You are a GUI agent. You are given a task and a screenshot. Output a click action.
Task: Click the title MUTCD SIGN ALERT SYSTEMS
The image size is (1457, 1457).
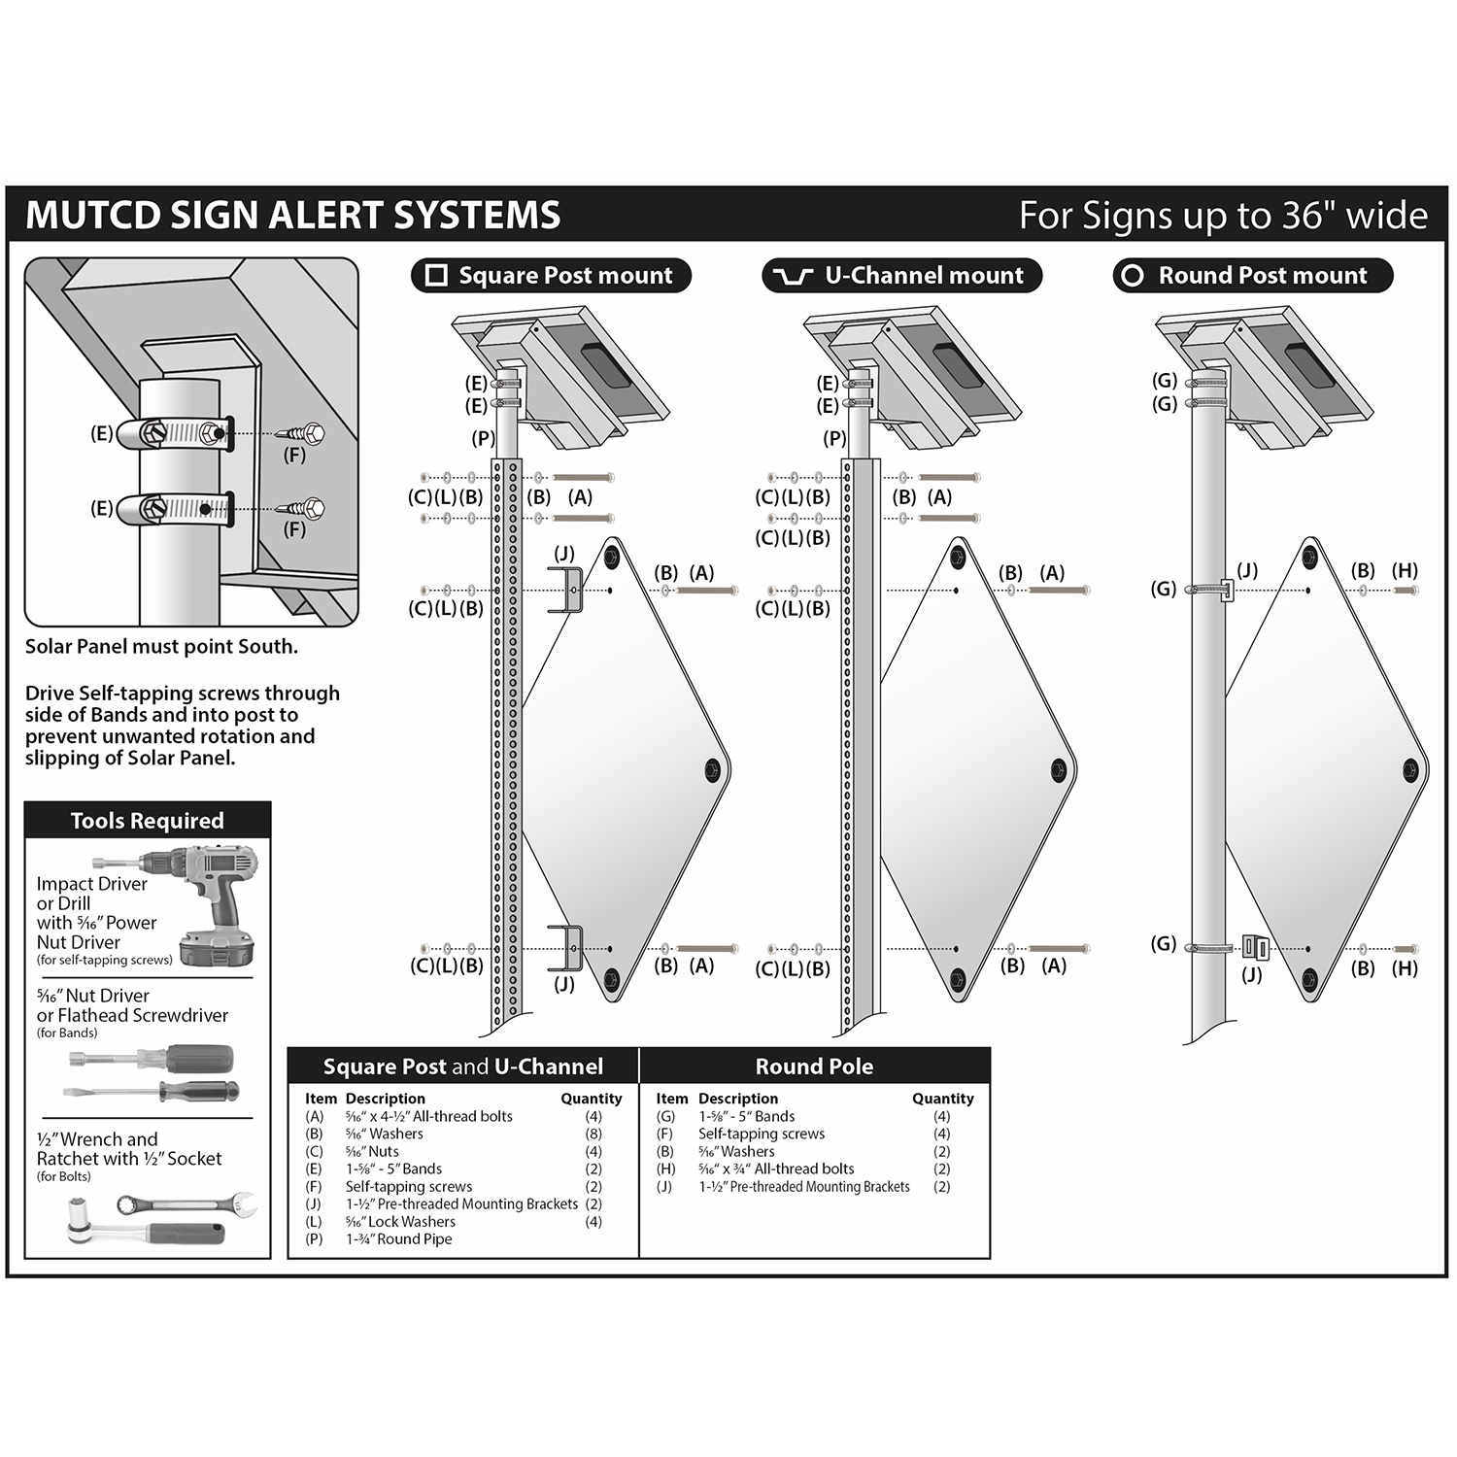292,215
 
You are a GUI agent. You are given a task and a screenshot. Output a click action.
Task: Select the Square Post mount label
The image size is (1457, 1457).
551,276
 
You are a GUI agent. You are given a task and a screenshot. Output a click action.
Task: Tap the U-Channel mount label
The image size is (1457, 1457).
901,276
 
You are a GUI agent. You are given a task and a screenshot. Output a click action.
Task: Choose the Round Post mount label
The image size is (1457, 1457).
1252,276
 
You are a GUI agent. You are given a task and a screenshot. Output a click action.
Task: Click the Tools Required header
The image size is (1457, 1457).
147,821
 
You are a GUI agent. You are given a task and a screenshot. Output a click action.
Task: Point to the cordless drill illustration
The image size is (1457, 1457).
209,898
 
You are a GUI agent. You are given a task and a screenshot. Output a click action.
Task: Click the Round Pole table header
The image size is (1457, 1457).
814,1067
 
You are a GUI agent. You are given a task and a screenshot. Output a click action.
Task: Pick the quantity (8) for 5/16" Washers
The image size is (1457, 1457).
593,1134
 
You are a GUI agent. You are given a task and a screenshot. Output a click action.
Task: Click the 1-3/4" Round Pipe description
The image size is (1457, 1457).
398,1239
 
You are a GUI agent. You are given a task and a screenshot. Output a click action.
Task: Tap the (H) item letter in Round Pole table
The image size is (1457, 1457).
665,1169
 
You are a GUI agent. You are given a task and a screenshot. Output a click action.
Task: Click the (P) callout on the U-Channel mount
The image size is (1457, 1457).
834,438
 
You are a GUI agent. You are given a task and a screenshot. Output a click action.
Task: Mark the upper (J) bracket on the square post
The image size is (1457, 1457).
566,591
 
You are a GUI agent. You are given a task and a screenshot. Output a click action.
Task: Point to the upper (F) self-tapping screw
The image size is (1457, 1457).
300,433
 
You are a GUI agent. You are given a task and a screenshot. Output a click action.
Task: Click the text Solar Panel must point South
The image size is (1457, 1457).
161,647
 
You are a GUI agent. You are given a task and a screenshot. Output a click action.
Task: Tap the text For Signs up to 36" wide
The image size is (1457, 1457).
1223,215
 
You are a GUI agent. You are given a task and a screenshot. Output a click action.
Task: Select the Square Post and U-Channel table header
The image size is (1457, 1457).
462,1067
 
